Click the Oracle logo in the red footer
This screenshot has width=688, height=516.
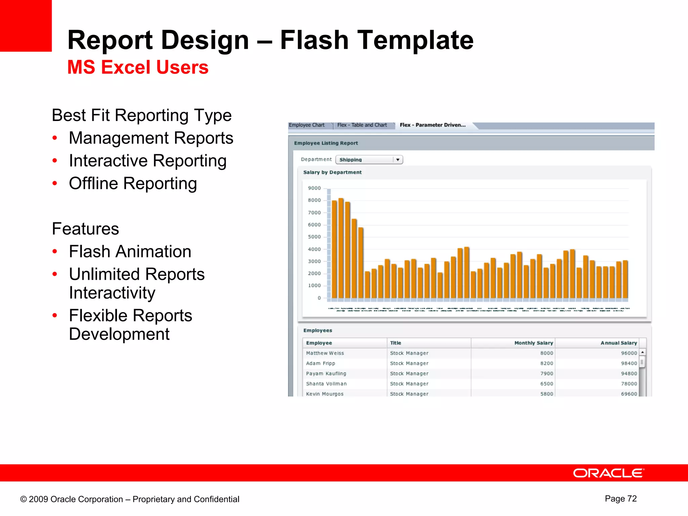click(x=608, y=473)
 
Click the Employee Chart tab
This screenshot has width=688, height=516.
click(x=307, y=125)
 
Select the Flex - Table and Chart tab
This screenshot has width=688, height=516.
click(x=362, y=125)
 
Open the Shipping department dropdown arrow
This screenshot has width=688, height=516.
click(x=398, y=160)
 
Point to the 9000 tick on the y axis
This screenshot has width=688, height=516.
click(x=314, y=188)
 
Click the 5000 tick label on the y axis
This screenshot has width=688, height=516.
click(x=314, y=237)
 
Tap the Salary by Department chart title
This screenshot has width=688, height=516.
click(x=332, y=172)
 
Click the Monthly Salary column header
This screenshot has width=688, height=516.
click(x=533, y=343)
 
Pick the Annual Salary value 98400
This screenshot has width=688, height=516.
click(x=629, y=363)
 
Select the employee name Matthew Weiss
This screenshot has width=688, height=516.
click(x=325, y=353)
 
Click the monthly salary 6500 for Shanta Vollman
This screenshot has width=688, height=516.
click(x=547, y=384)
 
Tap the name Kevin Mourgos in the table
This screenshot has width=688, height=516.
click(x=325, y=394)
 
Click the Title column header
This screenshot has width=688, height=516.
click(x=396, y=343)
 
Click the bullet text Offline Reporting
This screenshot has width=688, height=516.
click(x=133, y=183)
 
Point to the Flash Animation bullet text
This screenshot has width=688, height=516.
click(x=130, y=252)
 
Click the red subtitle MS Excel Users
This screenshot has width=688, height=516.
click(x=138, y=67)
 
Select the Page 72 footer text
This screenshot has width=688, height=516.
click(x=620, y=499)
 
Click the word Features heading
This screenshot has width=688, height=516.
click(x=85, y=229)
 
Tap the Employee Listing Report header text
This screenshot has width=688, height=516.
click(x=326, y=143)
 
